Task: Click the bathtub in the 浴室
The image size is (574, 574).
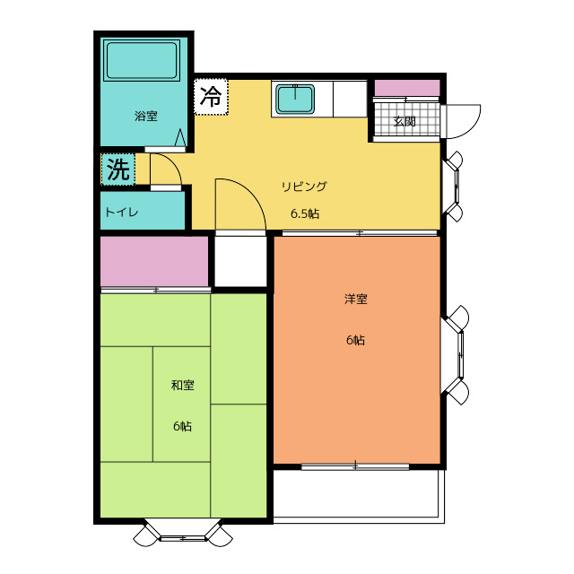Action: tap(142, 60)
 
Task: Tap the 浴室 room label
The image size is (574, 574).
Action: tap(145, 116)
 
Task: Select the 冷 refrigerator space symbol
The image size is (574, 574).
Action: tap(211, 97)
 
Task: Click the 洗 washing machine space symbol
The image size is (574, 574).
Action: tap(118, 170)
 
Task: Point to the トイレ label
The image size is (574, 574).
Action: tap(121, 213)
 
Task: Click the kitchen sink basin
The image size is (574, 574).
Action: tap(295, 99)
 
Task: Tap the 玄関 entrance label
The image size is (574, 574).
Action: tap(404, 121)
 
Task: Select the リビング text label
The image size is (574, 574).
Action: tap(304, 187)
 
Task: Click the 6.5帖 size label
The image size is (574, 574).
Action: tap(305, 213)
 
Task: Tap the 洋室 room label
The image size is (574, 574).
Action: tap(355, 299)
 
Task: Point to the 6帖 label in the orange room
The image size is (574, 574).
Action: tap(355, 341)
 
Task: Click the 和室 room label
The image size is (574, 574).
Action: tap(182, 385)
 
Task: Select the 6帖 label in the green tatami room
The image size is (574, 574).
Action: tap(182, 426)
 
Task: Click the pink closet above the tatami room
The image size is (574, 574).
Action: tap(154, 261)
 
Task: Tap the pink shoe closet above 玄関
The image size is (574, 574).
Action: tap(407, 88)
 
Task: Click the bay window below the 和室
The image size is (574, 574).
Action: tap(183, 534)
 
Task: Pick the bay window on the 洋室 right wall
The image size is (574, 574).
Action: tap(455, 355)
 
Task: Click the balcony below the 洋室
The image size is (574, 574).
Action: tap(359, 494)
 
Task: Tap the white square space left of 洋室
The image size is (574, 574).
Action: tap(240, 261)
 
